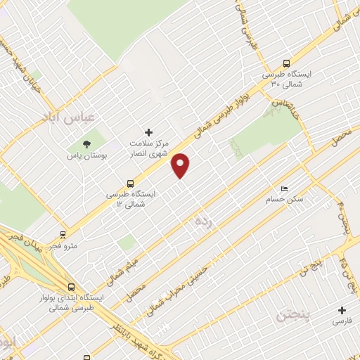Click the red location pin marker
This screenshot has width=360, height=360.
coord(181,165)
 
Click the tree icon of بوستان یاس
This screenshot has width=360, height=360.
coord(87,143)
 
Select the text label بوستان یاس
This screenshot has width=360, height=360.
coord(87,155)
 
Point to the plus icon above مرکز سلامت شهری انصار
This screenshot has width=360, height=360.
coord(148,131)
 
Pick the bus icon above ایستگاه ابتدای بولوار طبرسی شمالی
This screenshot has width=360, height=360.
coord(71,287)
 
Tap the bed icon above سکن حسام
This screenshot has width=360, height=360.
coord(284,189)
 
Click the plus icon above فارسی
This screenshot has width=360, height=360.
coord(342,310)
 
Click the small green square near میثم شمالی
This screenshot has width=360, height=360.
coord(127,243)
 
